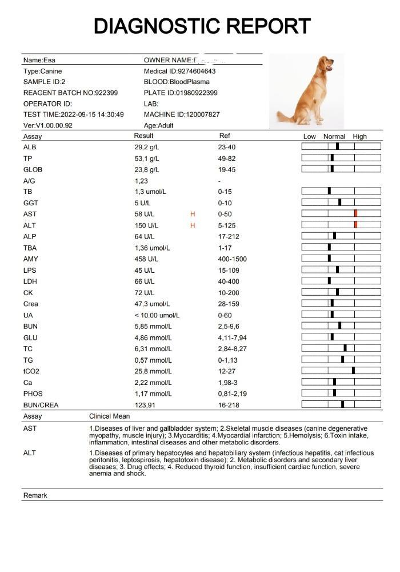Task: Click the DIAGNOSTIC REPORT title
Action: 202,26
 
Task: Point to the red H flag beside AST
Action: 193,214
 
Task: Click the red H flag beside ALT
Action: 193,225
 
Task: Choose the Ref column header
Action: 225,136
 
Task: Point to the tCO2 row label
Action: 31,371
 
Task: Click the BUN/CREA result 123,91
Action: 145,405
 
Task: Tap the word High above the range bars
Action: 359,137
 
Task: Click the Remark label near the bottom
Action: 35,495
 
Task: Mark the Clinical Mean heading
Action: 108,416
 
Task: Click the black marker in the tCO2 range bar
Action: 353,370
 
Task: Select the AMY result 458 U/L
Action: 145,259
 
